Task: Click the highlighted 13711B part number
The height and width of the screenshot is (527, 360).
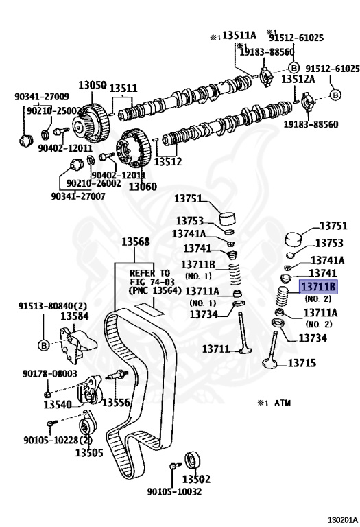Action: (x=318, y=287)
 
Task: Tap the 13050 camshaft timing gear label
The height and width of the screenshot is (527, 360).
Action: (x=93, y=84)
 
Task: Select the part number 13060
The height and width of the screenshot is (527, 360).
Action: (x=143, y=186)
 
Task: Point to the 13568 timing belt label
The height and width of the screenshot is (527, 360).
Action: (x=136, y=242)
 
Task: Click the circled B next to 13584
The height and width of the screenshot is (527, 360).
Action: (x=44, y=345)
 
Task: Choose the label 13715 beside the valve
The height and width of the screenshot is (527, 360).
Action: (x=302, y=362)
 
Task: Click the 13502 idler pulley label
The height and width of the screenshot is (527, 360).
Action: (x=196, y=478)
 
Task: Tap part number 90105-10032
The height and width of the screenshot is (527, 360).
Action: (x=174, y=491)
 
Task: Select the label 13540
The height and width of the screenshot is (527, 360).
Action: (x=58, y=404)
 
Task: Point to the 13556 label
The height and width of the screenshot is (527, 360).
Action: (x=116, y=402)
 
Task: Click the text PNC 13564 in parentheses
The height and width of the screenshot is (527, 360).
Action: (x=155, y=290)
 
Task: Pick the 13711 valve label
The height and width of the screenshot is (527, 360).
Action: (x=215, y=349)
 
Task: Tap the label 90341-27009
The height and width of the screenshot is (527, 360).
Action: (x=42, y=97)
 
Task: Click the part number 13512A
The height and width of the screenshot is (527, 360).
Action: (x=298, y=79)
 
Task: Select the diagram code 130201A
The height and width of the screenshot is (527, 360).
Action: (x=343, y=520)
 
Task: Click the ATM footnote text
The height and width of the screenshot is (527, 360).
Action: (x=283, y=403)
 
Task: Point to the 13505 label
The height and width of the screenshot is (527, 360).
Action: (x=89, y=452)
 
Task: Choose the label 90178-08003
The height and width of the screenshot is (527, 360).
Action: (x=49, y=373)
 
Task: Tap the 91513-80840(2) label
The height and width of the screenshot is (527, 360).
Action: (x=52, y=306)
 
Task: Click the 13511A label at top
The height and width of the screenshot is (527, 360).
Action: (x=239, y=35)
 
